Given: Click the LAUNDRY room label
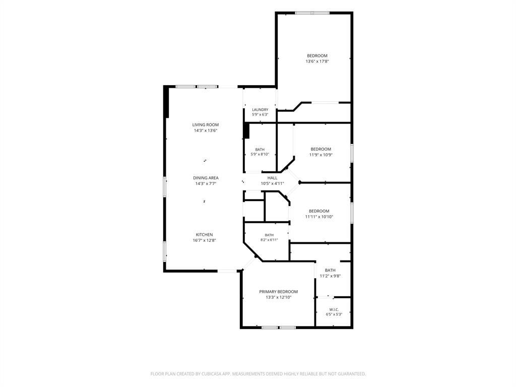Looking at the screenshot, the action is point(260,109).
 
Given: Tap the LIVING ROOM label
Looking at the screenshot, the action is point(206,125).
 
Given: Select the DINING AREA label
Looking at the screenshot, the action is point(206,178).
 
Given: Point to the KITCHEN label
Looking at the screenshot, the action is point(205,235).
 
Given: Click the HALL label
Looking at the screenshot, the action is point(272,178).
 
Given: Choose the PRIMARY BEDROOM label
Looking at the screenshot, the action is point(278,292).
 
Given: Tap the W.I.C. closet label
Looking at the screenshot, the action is point(334,310).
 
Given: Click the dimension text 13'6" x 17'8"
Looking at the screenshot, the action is point(317,61).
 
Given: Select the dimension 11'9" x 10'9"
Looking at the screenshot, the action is point(320,155).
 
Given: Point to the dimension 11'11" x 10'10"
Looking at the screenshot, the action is point(319,217).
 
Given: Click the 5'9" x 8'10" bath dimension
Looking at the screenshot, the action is point(260,154).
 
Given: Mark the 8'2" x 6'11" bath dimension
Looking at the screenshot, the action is point(269,240).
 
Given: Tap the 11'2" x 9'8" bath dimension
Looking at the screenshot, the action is point(330,276).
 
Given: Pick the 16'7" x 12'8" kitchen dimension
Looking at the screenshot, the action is point(205,240).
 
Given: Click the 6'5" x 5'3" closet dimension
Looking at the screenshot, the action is point(334,314).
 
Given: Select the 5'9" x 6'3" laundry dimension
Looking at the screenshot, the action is point(260,114).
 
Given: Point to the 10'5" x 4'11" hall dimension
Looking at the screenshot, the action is point(272,183).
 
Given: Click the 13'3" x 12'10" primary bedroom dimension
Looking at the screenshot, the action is point(279,297).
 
